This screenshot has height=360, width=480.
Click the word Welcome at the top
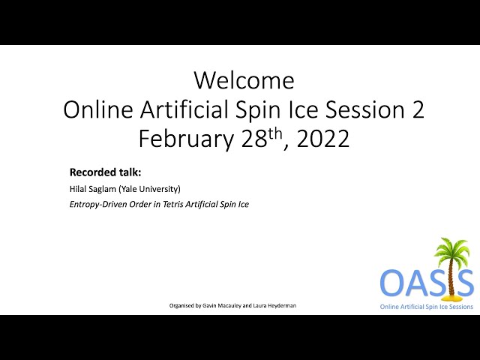click(244, 80)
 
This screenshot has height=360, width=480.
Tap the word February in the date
click(186, 138)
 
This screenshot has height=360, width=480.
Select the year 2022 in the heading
click(323, 139)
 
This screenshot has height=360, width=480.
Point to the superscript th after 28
click(275, 133)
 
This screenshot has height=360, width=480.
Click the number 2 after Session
click(418, 109)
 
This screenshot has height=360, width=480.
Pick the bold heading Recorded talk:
click(105, 172)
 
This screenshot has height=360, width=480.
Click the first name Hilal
click(78, 189)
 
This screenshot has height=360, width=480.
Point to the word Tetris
click(173, 204)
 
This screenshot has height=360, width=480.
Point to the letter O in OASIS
click(393, 282)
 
